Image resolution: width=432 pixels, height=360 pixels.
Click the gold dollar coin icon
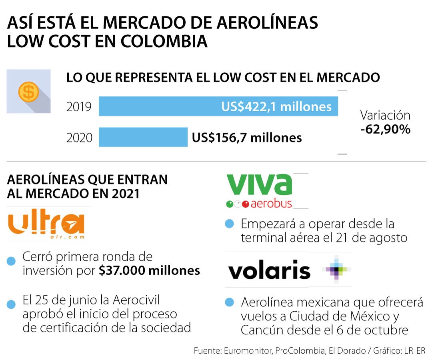28,92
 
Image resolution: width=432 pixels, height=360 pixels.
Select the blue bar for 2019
218,106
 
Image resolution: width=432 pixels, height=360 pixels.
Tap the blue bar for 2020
143,137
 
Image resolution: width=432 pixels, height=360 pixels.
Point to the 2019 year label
79,107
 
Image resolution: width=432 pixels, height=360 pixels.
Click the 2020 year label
79,138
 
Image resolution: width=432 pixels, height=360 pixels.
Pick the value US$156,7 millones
247,138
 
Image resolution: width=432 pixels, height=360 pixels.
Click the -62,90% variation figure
386,129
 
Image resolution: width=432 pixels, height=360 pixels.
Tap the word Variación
385,115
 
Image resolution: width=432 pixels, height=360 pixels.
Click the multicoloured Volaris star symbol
337,269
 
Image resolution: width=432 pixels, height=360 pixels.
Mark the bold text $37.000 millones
149,270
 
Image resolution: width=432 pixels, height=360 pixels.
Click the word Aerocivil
137,300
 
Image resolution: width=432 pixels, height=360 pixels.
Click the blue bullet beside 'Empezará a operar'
229,224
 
